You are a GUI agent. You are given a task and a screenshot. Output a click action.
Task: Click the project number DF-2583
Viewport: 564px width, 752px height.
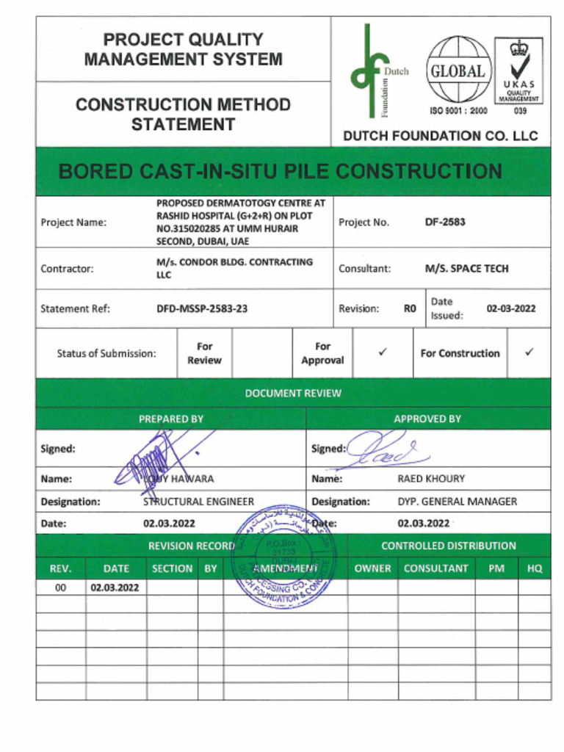pos(445,222)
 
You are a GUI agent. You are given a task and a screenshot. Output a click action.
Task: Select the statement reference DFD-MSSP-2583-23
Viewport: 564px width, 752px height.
pos(202,308)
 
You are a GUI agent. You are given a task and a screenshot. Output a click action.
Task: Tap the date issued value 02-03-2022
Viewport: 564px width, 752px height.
pos(511,308)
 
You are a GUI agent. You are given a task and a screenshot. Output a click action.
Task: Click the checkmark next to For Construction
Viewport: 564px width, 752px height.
pos(529,353)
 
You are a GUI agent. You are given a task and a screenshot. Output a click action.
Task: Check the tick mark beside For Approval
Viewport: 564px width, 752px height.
pos(383,353)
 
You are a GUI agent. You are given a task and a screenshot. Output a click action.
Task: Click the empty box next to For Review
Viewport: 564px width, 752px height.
pos(262,353)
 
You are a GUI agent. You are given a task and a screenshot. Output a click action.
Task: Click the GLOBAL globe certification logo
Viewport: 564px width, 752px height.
pos(458,72)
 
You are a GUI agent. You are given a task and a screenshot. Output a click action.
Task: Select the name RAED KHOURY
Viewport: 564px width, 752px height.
pos(431,479)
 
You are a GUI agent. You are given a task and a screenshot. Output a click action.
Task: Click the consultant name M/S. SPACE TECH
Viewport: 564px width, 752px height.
pos(466,269)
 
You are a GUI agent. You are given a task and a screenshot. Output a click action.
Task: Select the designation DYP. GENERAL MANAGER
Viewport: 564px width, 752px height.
pos(457,502)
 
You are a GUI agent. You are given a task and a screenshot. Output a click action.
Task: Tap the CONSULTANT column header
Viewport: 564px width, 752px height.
pos(435,568)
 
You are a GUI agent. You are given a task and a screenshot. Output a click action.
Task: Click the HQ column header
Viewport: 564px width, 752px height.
pos(534,568)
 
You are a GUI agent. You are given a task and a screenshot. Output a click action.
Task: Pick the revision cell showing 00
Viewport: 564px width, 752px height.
pos(60,587)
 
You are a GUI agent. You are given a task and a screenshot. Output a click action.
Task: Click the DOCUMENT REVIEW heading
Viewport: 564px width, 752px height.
pos(293,393)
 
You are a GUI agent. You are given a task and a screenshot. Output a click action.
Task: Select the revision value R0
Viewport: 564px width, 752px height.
pos(410,308)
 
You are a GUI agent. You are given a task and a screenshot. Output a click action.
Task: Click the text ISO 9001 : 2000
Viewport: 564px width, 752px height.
pos(458,111)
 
